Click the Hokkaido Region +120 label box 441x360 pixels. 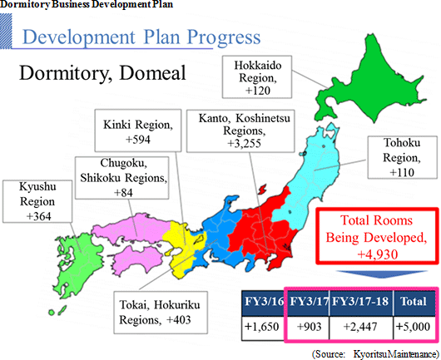click(x=257, y=76)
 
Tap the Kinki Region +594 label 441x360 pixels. click(x=138, y=131)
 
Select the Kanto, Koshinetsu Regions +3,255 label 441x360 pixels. click(x=240, y=131)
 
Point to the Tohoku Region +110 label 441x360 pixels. click(x=403, y=158)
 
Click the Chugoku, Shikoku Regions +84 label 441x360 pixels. click(x=122, y=178)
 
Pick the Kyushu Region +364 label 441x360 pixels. click(x=37, y=201)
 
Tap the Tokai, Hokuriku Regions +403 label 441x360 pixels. click(x=161, y=313)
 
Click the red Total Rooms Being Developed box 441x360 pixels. click(x=377, y=236)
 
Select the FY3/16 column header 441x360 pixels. click(x=264, y=303)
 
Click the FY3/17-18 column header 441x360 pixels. click(x=360, y=303)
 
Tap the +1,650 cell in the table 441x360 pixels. click(x=263, y=328)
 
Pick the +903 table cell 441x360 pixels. click(x=308, y=328)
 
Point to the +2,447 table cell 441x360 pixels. click(x=361, y=328)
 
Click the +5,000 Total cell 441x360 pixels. click(x=414, y=328)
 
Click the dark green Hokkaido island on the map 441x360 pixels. click(x=374, y=84)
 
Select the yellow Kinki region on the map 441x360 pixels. click(x=180, y=247)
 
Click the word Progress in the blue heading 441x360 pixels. click(x=224, y=37)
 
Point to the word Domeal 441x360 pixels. click(x=152, y=73)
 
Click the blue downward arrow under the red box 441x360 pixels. click(x=382, y=274)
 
